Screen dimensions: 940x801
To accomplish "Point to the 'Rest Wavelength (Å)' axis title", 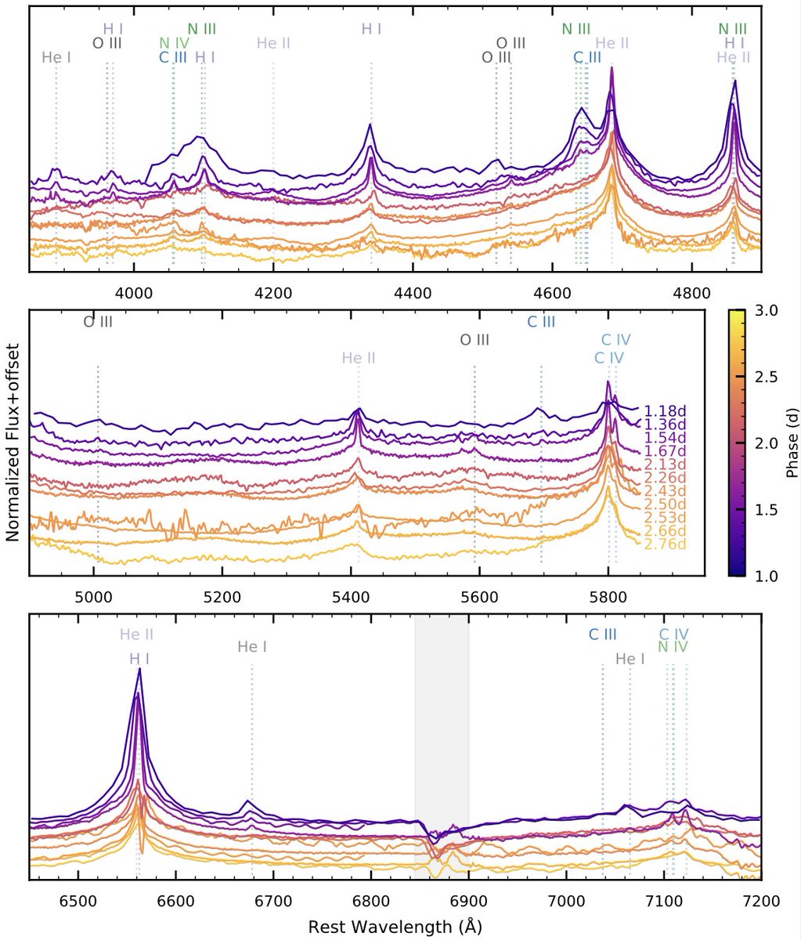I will [x=395, y=927].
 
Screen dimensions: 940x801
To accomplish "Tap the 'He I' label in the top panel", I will [x=56, y=57].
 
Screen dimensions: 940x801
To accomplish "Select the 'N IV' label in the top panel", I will [x=174, y=43].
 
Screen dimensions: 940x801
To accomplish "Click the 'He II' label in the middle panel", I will [x=359, y=359].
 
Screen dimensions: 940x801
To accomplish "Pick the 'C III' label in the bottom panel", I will [x=603, y=634].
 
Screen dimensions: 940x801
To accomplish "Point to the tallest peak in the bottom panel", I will [x=139, y=670].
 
